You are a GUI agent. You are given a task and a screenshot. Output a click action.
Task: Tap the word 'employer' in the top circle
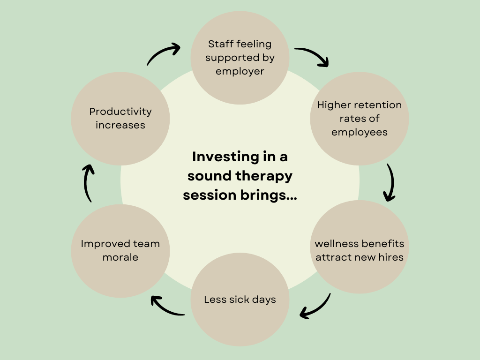coord(240,72)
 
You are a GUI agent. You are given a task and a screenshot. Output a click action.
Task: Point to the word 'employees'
coord(360,132)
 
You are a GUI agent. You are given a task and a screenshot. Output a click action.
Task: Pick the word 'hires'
coord(391,257)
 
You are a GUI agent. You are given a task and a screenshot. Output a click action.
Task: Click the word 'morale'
coord(120,257)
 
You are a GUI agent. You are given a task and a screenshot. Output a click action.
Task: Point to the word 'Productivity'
coord(120,112)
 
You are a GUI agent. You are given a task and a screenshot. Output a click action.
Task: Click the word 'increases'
coord(120,125)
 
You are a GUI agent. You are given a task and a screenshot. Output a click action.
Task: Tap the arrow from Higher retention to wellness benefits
coord(390,182)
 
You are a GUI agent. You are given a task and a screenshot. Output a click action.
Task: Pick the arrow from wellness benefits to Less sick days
coord(316,307)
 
